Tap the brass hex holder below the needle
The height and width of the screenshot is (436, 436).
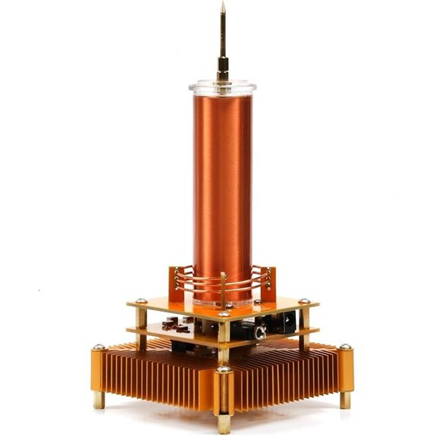point(222,74)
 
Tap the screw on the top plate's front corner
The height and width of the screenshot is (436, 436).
point(224,314)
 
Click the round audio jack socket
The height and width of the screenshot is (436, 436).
point(260,332)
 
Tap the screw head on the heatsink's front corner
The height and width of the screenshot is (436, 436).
point(224,371)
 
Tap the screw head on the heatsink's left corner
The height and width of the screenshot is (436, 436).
point(99,348)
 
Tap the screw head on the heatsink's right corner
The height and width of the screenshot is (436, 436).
point(346,348)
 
